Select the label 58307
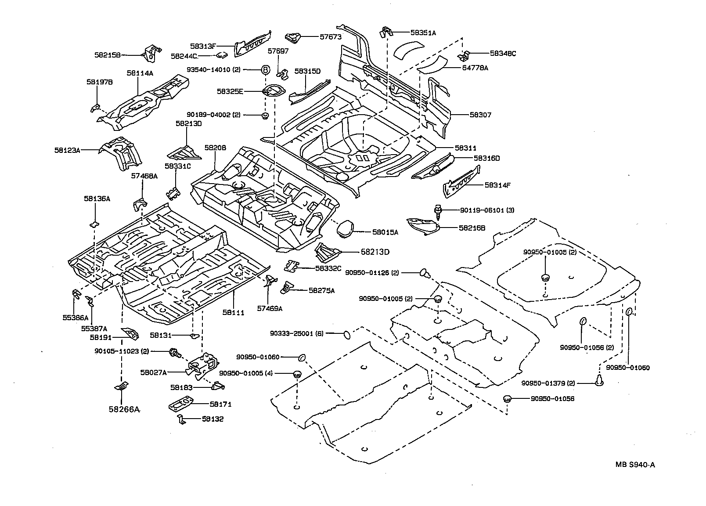click(480, 115)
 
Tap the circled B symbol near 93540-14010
click(266, 70)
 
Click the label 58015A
click(385, 232)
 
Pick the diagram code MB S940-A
click(635, 465)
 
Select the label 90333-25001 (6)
click(296, 334)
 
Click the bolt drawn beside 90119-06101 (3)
click(438, 210)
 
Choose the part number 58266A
click(124, 409)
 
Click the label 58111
click(233, 312)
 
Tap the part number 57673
click(330, 37)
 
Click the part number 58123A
click(67, 150)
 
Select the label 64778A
click(475, 68)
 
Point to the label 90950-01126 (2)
click(372, 273)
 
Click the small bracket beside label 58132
click(181, 419)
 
